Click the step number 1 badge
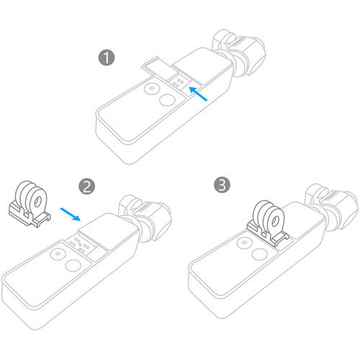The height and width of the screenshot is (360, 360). [x=107, y=58]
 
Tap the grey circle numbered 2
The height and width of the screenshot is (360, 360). [x=87, y=186]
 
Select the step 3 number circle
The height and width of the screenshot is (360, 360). [x=224, y=186]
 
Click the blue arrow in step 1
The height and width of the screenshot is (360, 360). [x=200, y=94]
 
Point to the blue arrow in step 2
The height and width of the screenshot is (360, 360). [x=71, y=214]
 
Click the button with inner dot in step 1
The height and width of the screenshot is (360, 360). [x=150, y=90]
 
